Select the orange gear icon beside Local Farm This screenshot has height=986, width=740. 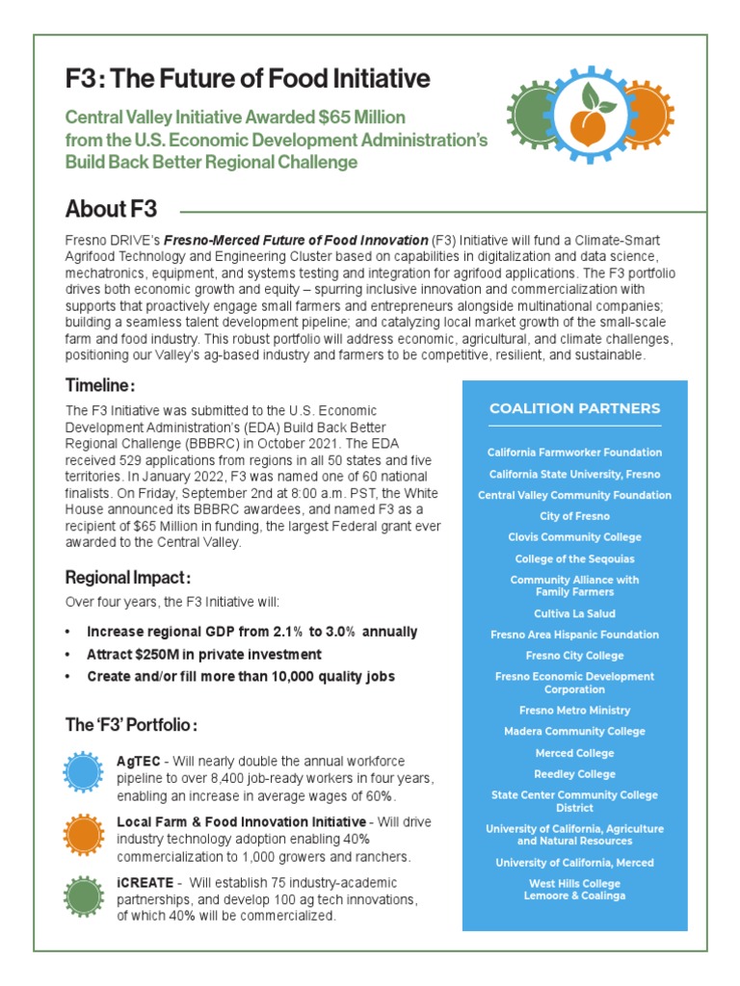pyautogui.click(x=83, y=834)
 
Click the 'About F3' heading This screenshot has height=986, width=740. pyautogui.click(x=111, y=209)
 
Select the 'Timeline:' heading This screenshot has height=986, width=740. pyautogui.click(x=99, y=385)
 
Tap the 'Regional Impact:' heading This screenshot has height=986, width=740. pyautogui.click(x=127, y=578)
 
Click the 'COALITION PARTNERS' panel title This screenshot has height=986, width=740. pyautogui.click(x=574, y=408)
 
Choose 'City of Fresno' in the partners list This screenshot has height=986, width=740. pyautogui.click(x=574, y=516)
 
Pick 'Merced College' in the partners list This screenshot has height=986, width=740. pyautogui.click(x=574, y=753)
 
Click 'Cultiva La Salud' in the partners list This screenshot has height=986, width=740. pyautogui.click(x=574, y=613)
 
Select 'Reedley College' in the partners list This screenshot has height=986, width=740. pyautogui.click(x=574, y=774)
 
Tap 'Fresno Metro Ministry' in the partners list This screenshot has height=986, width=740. pyautogui.click(x=574, y=711)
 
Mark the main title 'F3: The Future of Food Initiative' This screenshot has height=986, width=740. pyautogui.click(x=248, y=78)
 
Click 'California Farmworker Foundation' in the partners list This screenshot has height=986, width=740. pyautogui.click(x=574, y=453)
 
